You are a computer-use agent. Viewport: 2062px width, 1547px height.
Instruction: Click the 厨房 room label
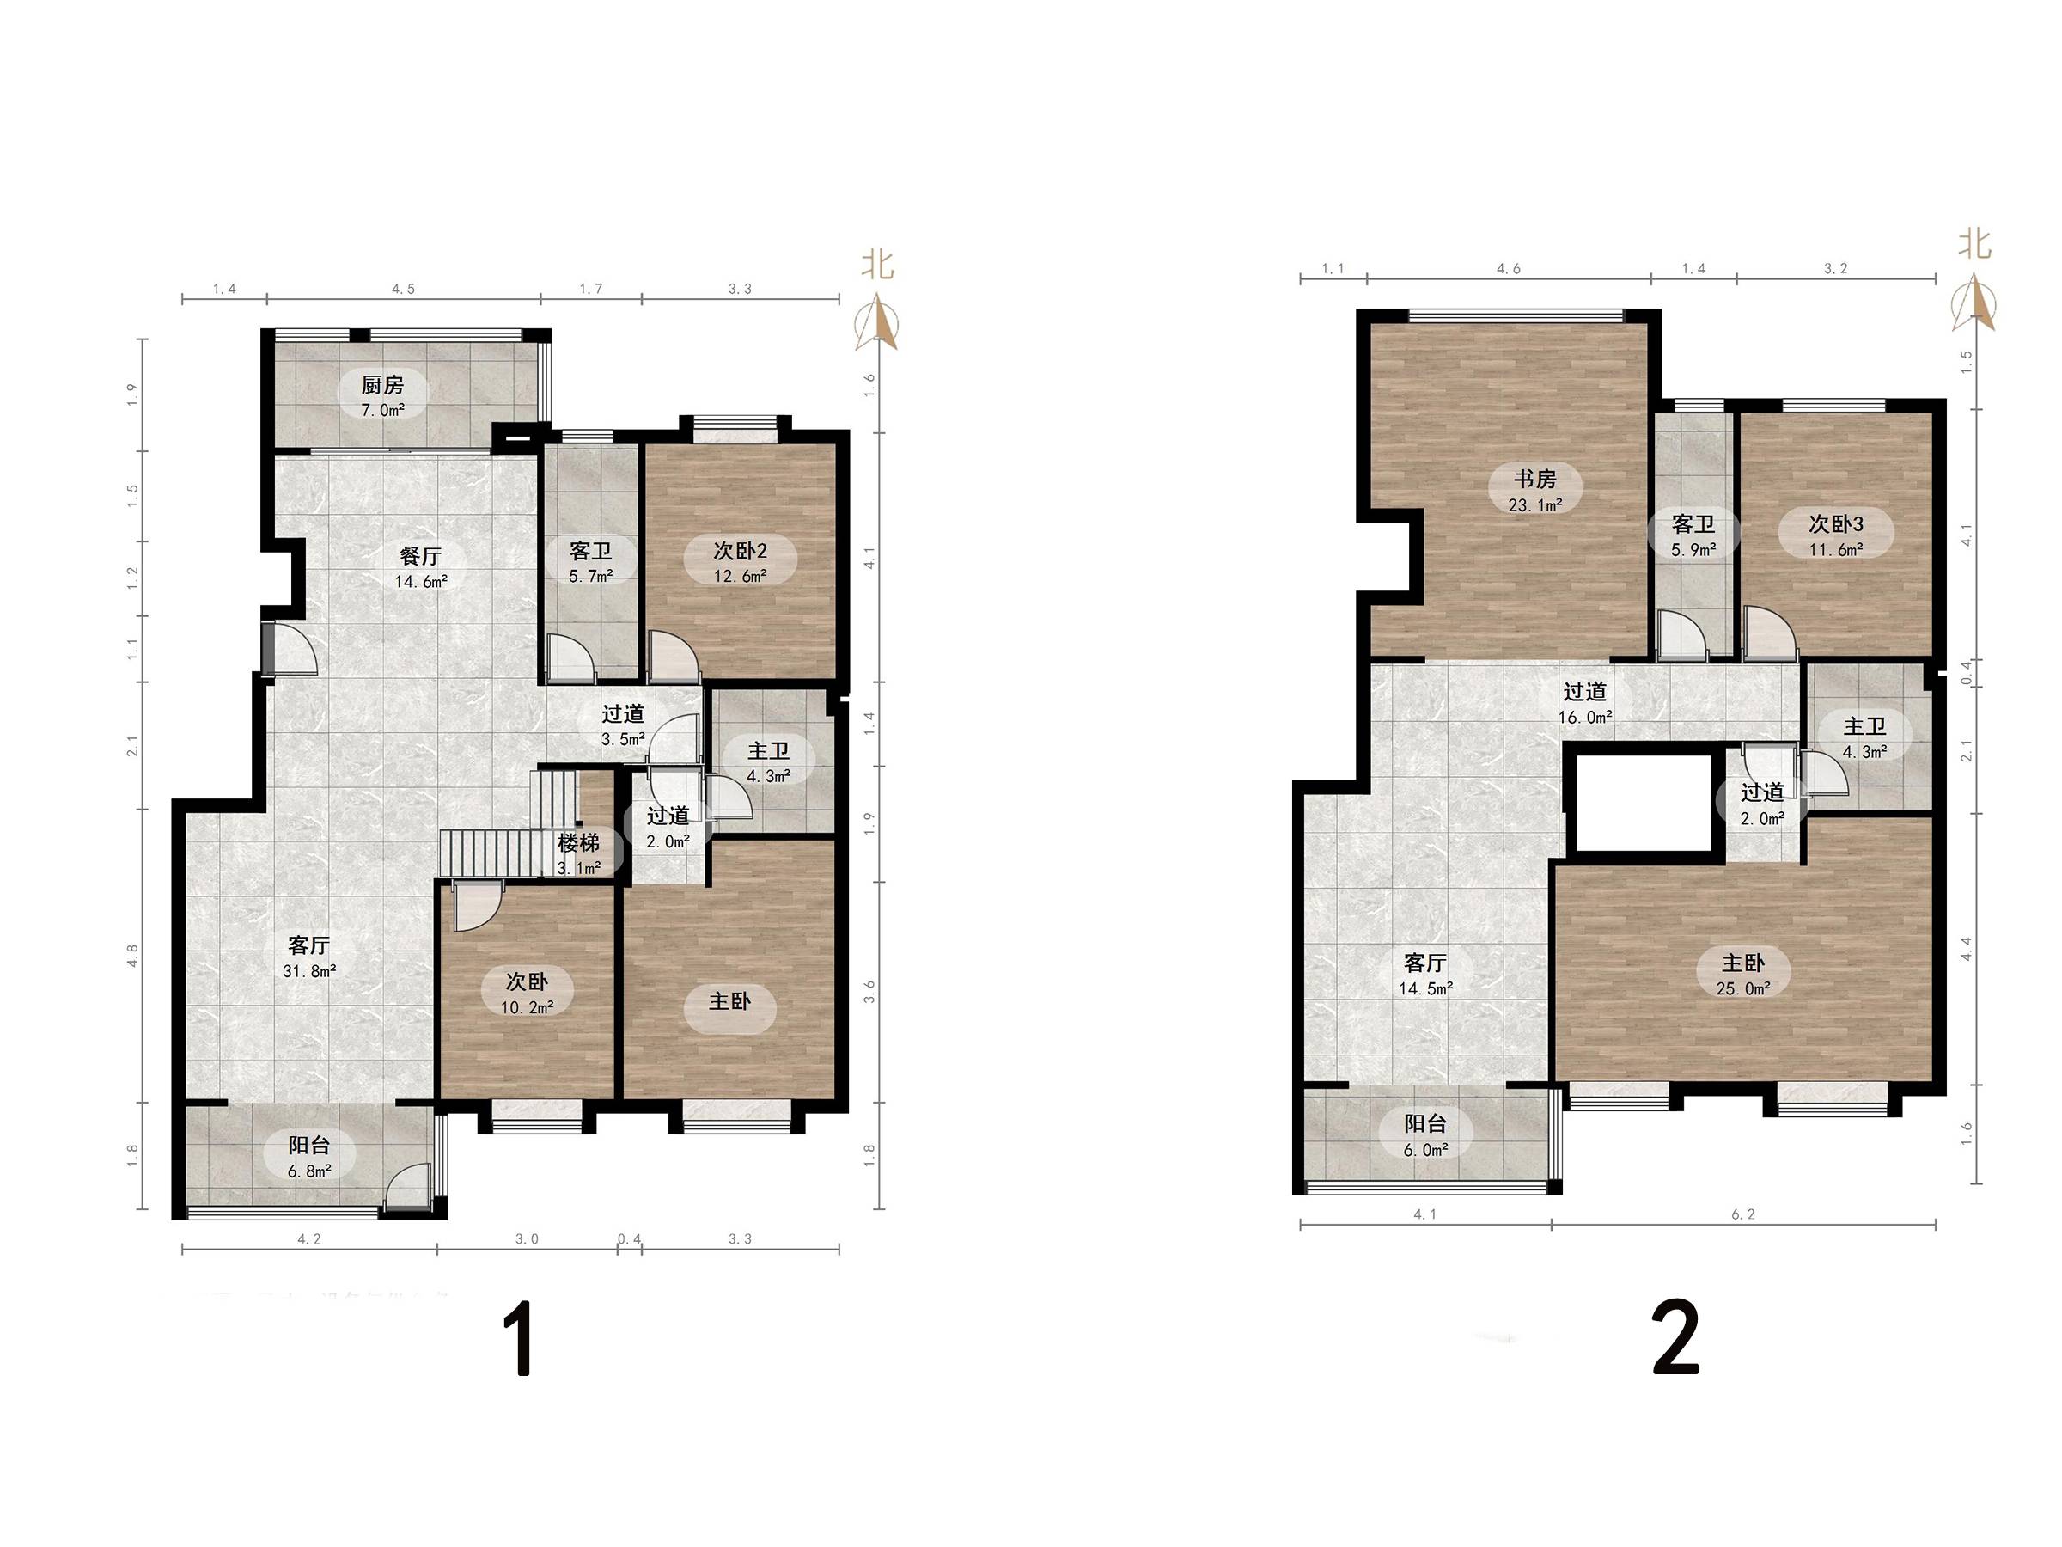[x=382, y=384]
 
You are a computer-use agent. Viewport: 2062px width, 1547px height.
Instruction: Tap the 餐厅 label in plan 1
[x=419, y=556]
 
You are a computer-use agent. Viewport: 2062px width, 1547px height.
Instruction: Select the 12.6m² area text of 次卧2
[x=740, y=577]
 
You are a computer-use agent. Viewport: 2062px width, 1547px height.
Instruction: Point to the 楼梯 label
[x=578, y=843]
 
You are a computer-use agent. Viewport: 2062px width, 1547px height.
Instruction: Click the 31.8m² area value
[x=309, y=970]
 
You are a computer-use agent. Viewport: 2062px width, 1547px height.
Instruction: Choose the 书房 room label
[x=1534, y=480]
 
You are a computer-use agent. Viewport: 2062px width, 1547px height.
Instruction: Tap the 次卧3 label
[x=1835, y=524]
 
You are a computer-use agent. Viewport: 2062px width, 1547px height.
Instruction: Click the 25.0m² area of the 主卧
[x=1743, y=988]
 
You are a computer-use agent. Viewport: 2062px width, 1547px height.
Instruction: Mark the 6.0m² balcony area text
[x=1426, y=1150]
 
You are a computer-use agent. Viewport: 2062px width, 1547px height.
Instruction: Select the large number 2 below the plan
[x=1676, y=1339]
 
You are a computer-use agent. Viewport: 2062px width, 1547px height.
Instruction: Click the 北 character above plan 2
[x=1974, y=244]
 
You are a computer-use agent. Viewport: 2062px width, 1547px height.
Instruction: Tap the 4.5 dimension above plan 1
[x=403, y=289]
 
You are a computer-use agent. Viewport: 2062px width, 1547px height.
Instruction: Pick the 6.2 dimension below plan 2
[x=1743, y=1214]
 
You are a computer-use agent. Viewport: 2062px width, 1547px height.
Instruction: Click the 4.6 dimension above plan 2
[x=1509, y=268]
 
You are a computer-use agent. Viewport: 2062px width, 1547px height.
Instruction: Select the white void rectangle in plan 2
[x=1644, y=803]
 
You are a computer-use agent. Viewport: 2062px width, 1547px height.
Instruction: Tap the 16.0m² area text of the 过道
[x=1586, y=718]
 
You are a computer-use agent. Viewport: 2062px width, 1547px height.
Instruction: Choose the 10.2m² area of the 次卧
[x=528, y=1007]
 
